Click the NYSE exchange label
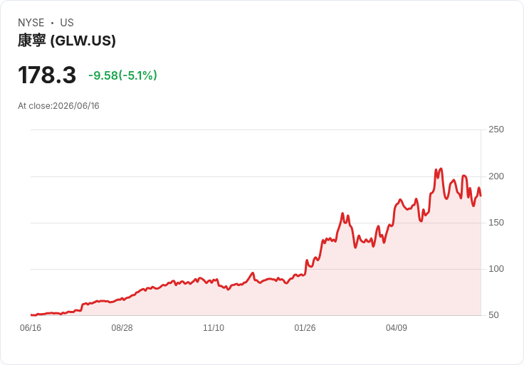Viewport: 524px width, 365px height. pyautogui.click(x=31, y=23)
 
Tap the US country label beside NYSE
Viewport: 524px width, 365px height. pyautogui.click(x=67, y=23)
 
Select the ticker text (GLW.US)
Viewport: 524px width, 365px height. pyautogui.click(x=83, y=41)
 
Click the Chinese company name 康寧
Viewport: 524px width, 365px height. pyautogui.click(x=32, y=41)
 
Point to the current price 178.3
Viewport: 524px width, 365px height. pyautogui.click(x=47, y=75)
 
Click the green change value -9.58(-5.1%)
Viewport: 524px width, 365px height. pyautogui.click(x=122, y=75)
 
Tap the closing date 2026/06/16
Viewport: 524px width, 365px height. pyautogui.click(x=76, y=106)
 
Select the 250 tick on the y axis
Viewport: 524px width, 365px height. pyautogui.click(x=496, y=129)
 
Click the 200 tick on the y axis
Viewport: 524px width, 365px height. pyautogui.click(x=496, y=176)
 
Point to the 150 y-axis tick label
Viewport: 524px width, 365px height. pyautogui.click(x=496, y=223)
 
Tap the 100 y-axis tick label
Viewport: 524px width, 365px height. pyautogui.click(x=496, y=269)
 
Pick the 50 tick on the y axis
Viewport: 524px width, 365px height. pyautogui.click(x=493, y=315)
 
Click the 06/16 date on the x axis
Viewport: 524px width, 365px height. pyautogui.click(x=31, y=328)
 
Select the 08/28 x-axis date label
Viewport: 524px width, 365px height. pyautogui.click(x=122, y=328)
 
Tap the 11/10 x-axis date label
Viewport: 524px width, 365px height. pyautogui.click(x=214, y=328)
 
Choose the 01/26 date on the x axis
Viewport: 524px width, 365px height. pyautogui.click(x=305, y=328)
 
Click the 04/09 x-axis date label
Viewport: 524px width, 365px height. pyautogui.click(x=397, y=328)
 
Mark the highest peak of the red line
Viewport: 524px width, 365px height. pyautogui.click(x=441, y=169)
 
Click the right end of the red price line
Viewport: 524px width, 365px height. pyautogui.click(x=481, y=196)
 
